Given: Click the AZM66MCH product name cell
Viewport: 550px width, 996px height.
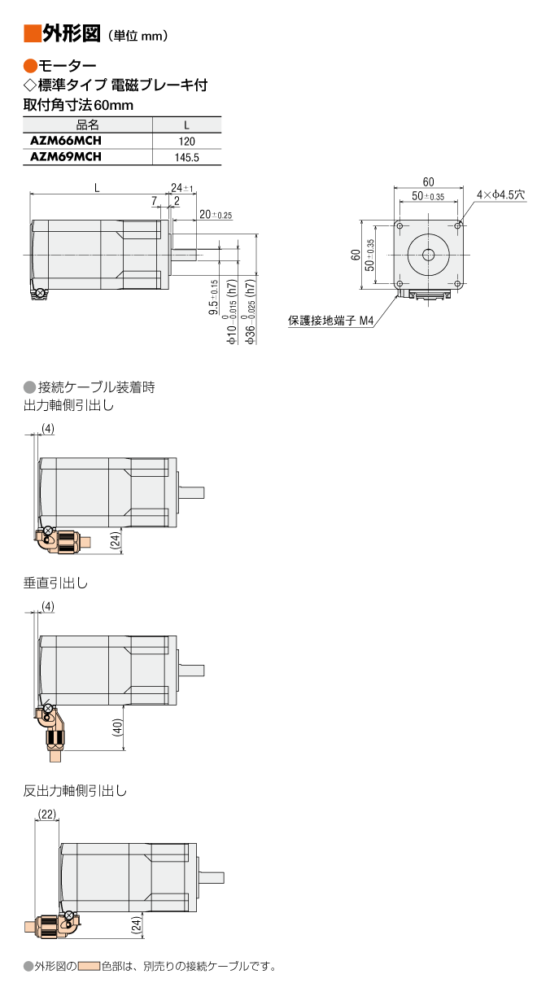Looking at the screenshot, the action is pyautogui.click(x=66, y=141).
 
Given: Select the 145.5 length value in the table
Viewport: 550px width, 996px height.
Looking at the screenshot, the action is pyautogui.click(x=187, y=157).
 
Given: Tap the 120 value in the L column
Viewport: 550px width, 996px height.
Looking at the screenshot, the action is pyautogui.click(x=187, y=142).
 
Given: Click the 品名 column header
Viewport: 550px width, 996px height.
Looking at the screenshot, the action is pyautogui.click(x=88, y=125).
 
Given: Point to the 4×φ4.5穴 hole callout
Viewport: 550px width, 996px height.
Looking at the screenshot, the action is pyautogui.click(x=500, y=194).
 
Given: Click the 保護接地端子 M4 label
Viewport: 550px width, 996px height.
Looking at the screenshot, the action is pyautogui.click(x=331, y=320).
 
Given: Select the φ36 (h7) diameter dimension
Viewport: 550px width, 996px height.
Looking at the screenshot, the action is pyautogui.click(x=250, y=312).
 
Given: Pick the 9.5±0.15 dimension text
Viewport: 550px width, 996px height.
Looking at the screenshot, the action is pyautogui.click(x=214, y=298).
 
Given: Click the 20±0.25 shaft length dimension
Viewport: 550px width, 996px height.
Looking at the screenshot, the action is pyautogui.click(x=216, y=214).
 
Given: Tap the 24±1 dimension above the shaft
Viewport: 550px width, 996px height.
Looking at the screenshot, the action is pyautogui.click(x=182, y=188).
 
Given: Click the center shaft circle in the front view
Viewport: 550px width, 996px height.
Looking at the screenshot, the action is pyautogui.click(x=428, y=255).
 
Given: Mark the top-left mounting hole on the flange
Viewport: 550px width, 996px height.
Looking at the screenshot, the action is pyautogui.click(x=399, y=226).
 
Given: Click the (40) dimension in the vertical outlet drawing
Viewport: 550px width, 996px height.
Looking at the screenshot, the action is pyautogui.click(x=117, y=727).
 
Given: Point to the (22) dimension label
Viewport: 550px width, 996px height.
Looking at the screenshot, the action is pyautogui.click(x=47, y=815).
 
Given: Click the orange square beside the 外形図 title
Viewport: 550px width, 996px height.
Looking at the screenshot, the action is pyautogui.click(x=32, y=34).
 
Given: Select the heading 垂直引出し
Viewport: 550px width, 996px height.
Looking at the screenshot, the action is pyautogui.click(x=55, y=583).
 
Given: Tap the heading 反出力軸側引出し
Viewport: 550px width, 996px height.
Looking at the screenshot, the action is pyautogui.click(x=75, y=791).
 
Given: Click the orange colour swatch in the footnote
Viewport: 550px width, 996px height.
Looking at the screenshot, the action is pyautogui.click(x=89, y=966).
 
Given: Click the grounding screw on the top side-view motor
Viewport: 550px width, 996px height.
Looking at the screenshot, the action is pyautogui.click(x=41, y=293).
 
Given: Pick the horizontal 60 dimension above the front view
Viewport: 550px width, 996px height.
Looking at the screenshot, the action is pyautogui.click(x=428, y=181).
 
